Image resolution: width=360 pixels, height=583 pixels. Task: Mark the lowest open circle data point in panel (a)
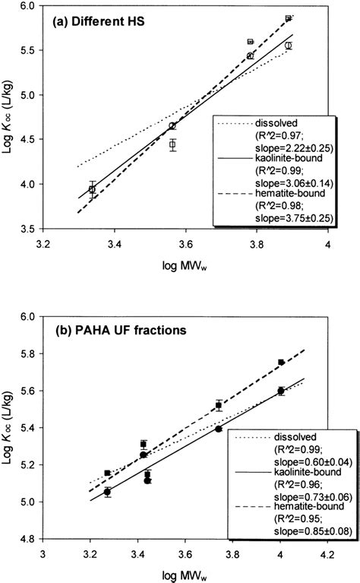93,189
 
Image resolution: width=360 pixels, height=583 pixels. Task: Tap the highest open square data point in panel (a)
289,18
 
